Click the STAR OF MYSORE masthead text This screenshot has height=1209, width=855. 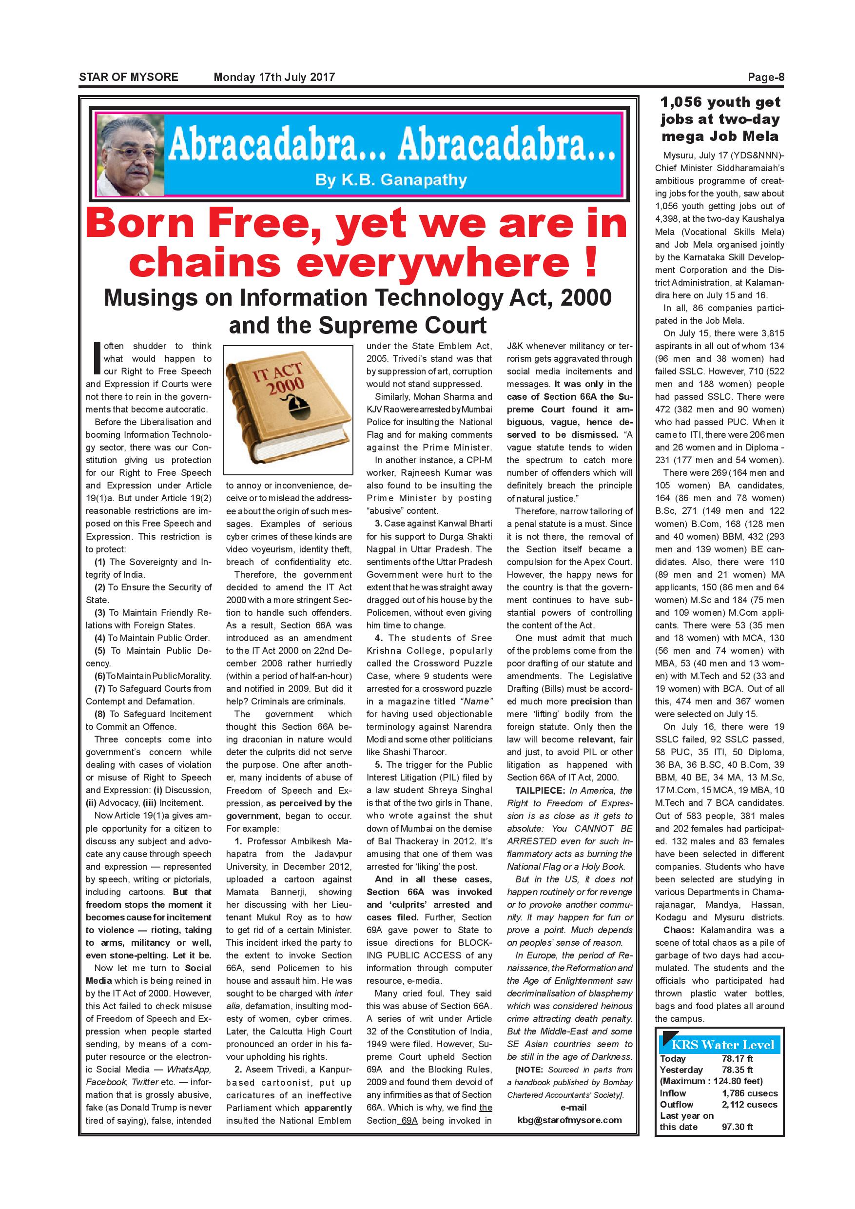(129, 77)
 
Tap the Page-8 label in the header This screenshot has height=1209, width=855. (766, 77)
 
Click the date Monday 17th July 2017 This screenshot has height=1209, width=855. (274, 77)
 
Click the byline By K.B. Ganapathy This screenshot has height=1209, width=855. (390, 180)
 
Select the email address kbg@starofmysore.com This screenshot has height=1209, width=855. (569, 1120)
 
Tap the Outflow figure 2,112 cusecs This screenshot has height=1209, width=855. (749, 1104)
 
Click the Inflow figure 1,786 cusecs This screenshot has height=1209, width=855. (749, 1093)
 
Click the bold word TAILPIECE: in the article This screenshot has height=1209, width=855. (537, 790)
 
